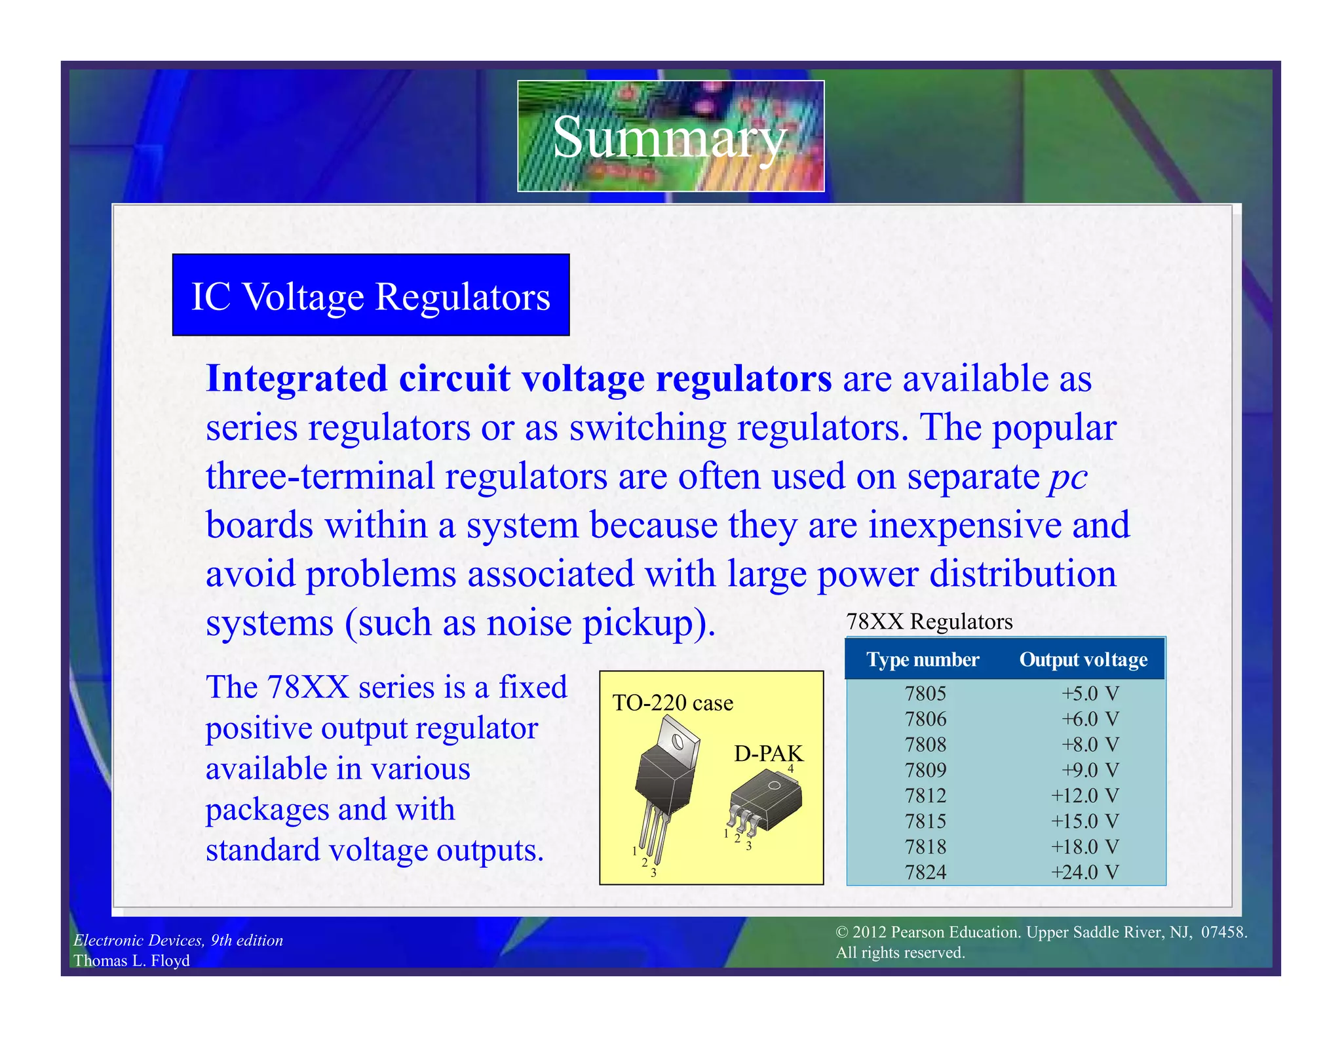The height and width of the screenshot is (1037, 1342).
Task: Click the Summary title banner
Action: (x=670, y=136)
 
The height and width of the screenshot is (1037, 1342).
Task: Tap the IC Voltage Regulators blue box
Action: (x=371, y=296)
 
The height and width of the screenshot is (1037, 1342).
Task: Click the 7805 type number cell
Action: (x=925, y=694)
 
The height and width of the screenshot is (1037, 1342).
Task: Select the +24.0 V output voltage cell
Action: (x=1084, y=872)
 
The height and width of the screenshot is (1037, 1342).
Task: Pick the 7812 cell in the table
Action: (x=925, y=796)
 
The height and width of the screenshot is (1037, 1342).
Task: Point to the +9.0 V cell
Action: (x=1090, y=770)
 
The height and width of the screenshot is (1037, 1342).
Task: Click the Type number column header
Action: (x=923, y=659)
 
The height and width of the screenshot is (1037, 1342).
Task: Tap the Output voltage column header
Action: (x=1083, y=659)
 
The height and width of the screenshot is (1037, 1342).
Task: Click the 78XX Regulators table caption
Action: (x=929, y=621)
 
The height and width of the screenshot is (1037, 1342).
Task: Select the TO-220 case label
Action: (x=672, y=703)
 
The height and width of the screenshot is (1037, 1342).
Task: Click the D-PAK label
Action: (x=768, y=754)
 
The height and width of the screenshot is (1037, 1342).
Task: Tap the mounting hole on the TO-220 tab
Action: (x=678, y=743)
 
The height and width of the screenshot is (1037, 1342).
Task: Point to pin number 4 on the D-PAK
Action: (x=791, y=769)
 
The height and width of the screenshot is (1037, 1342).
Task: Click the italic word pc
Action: (x=1067, y=477)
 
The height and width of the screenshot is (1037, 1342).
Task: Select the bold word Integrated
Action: (x=296, y=379)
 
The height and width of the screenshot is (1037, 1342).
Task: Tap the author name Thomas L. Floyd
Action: (x=132, y=960)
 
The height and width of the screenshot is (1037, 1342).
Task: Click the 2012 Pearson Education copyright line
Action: (x=1041, y=932)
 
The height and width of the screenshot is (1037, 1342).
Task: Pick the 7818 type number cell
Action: (x=925, y=847)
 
